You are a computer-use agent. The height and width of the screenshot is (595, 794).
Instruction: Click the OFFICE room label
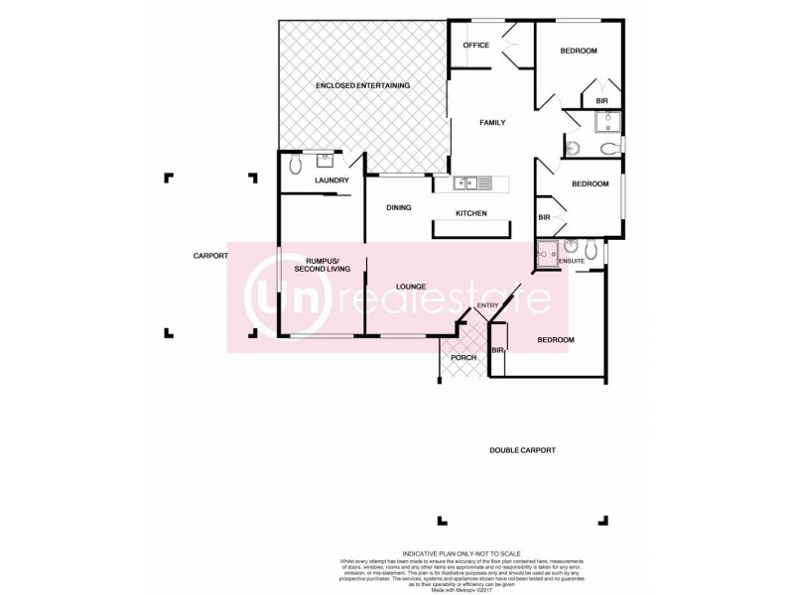pyautogui.click(x=476, y=45)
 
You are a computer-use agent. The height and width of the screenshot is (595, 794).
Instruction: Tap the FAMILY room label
pyautogui.click(x=492, y=123)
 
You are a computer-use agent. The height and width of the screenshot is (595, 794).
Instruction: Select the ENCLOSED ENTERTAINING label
pyautogui.click(x=362, y=86)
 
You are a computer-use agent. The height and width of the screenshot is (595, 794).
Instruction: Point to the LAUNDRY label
pyautogui.click(x=331, y=180)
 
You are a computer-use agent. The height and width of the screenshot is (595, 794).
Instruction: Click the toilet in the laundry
pyautogui.click(x=294, y=166)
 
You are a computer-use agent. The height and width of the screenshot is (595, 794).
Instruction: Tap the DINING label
pyautogui.click(x=399, y=207)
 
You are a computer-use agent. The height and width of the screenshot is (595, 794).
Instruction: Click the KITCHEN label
pyautogui.click(x=470, y=213)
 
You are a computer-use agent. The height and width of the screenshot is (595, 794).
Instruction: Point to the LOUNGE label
pyautogui.click(x=411, y=287)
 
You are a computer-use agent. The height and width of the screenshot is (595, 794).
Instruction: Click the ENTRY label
pyautogui.click(x=487, y=305)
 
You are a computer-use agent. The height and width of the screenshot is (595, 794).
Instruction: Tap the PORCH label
pyautogui.click(x=463, y=357)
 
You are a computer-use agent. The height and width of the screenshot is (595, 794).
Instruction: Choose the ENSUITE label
pyautogui.click(x=572, y=261)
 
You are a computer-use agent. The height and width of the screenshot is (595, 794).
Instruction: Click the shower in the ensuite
pyautogui.click(x=547, y=254)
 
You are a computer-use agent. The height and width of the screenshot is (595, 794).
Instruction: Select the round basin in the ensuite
pyautogui.click(x=572, y=246)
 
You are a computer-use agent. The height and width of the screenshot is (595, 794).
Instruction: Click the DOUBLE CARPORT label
pyautogui.click(x=522, y=450)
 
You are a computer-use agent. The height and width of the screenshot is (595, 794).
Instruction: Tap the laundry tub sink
pyautogui.click(x=325, y=160)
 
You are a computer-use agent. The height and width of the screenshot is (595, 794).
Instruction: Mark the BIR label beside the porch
pyautogui.click(x=497, y=351)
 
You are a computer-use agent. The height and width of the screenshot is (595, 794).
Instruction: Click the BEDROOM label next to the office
pyautogui.click(x=578, y=51)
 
